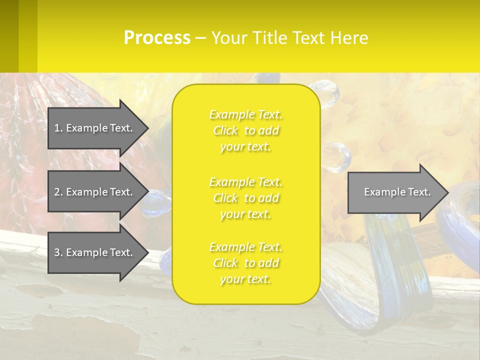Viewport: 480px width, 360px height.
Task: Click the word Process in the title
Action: coord(157,38)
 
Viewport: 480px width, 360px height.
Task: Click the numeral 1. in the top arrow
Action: coord(58,128)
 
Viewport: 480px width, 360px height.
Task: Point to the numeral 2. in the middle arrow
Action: coord(58,192)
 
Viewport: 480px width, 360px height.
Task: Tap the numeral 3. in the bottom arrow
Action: coord(58,252)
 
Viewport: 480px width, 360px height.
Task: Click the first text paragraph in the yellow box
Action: coord(246,130)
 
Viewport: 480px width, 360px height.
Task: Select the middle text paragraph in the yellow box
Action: coord(246,198)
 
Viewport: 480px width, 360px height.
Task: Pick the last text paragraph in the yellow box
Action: coord(246,263)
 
